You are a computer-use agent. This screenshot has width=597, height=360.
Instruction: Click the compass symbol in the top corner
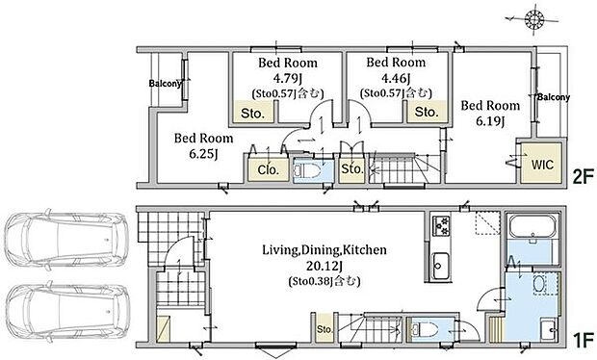[533, 18]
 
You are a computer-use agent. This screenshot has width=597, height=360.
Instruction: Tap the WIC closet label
[542, 165]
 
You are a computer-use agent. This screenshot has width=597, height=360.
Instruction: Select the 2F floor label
[584, 176]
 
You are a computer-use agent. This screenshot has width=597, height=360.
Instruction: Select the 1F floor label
[584, 340]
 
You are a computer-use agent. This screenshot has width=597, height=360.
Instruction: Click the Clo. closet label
[269, 169]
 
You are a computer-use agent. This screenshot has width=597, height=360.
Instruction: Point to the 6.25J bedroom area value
[203, 154]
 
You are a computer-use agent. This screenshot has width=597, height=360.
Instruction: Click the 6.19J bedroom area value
[490, 121]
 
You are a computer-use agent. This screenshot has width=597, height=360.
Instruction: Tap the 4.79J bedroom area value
[288, 78]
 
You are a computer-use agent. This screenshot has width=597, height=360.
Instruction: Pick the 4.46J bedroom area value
[396, 78]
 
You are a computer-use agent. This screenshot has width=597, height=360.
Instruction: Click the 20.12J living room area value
[324, 266]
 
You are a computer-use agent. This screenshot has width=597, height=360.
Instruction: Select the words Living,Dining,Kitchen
[324, 250]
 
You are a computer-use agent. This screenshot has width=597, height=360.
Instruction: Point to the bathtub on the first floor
[532, 227]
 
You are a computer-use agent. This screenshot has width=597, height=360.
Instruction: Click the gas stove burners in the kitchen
[441, 225]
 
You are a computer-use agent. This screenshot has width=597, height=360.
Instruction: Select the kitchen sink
[441, 266]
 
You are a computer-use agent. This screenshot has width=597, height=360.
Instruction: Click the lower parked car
[66, 312]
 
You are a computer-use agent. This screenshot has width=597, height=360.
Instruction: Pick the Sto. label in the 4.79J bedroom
[253, 114]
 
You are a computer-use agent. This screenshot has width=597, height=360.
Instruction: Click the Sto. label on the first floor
[324, 329]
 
